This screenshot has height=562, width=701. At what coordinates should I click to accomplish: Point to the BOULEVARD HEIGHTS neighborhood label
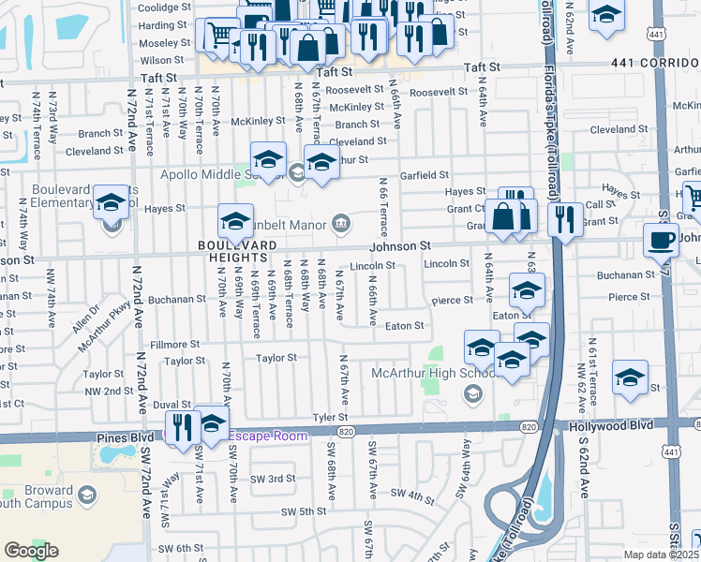(x=237, y=252)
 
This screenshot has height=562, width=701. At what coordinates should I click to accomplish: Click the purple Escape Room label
(x=268, y=436)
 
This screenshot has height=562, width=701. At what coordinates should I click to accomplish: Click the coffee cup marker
(x=661, y=240)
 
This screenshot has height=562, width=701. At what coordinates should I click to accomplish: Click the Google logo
(x=32, y=551)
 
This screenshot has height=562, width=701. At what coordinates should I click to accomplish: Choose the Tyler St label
(x=330, y=417)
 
